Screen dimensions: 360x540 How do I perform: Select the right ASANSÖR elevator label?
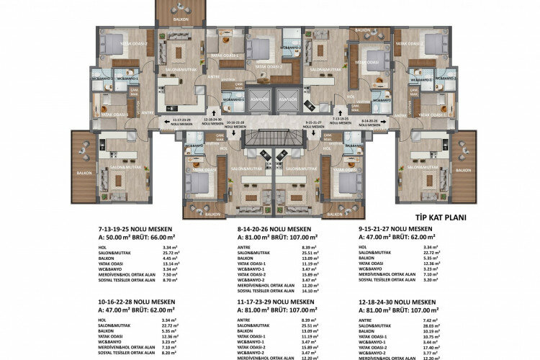coord(287,99)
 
